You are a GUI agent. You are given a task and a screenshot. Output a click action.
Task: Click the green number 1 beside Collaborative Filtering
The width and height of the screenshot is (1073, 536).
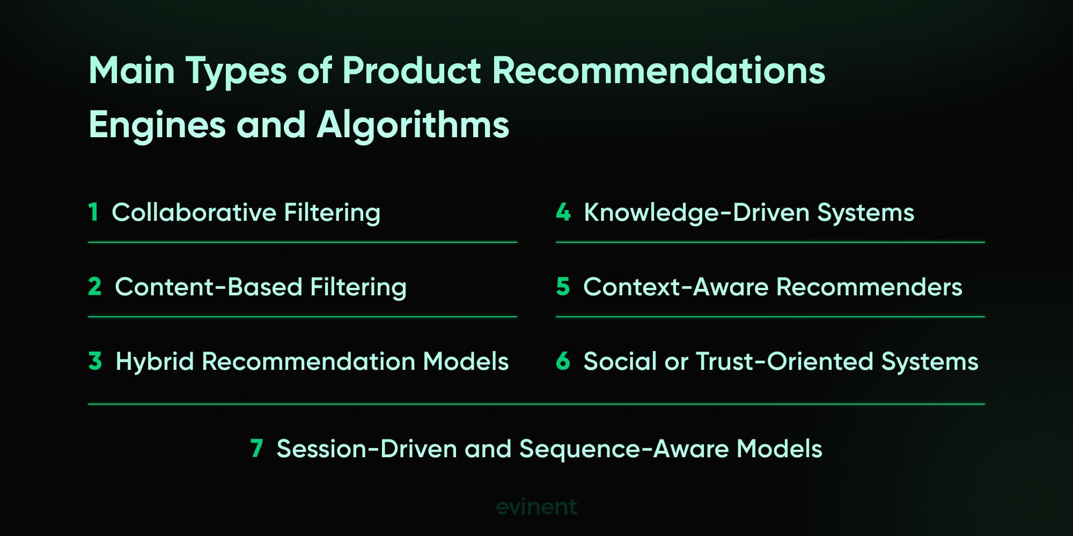point(93,212)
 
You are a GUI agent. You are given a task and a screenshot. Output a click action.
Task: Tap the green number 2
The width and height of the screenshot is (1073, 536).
point(95,287)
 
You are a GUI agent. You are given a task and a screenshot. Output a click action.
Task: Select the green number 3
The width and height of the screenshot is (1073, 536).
point(95,361)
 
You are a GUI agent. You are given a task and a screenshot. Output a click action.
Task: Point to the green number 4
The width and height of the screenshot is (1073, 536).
point(563,212)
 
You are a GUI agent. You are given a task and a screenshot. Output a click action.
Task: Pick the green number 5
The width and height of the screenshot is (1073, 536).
point(563,287)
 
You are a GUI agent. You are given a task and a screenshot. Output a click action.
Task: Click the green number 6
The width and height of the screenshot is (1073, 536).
point(563,361)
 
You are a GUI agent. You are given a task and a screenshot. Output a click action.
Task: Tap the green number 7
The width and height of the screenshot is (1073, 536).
point(256,449)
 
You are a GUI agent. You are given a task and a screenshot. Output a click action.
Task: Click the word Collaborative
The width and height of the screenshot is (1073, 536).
point(194,212)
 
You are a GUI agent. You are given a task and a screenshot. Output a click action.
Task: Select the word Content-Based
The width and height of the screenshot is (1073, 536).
point(209,287)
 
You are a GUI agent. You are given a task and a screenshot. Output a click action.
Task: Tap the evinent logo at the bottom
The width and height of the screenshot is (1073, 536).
point(536,507)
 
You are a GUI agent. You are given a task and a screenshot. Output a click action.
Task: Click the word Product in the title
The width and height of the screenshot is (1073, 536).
point(411,71)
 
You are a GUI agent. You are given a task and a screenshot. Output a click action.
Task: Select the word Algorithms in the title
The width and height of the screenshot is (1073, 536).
point(413,125)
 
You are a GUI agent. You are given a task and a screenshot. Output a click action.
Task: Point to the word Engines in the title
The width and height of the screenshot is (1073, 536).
point(157,125)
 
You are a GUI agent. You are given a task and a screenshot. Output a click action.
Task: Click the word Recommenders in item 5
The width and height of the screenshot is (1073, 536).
point(869,287)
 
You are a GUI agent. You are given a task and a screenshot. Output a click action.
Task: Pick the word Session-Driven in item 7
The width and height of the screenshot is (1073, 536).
point(366,449)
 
